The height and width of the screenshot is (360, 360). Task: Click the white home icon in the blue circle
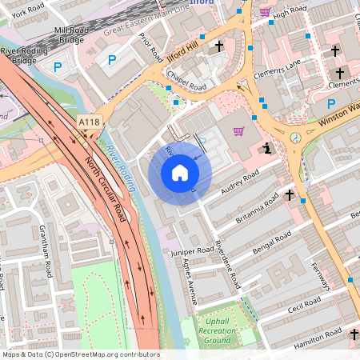pyautogui.click(x=180, y=173)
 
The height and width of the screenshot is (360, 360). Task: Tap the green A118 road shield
pyautogui.click(x=90, y=122)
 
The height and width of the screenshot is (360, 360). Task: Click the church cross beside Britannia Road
pyautogui.click(x=290, y=194)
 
